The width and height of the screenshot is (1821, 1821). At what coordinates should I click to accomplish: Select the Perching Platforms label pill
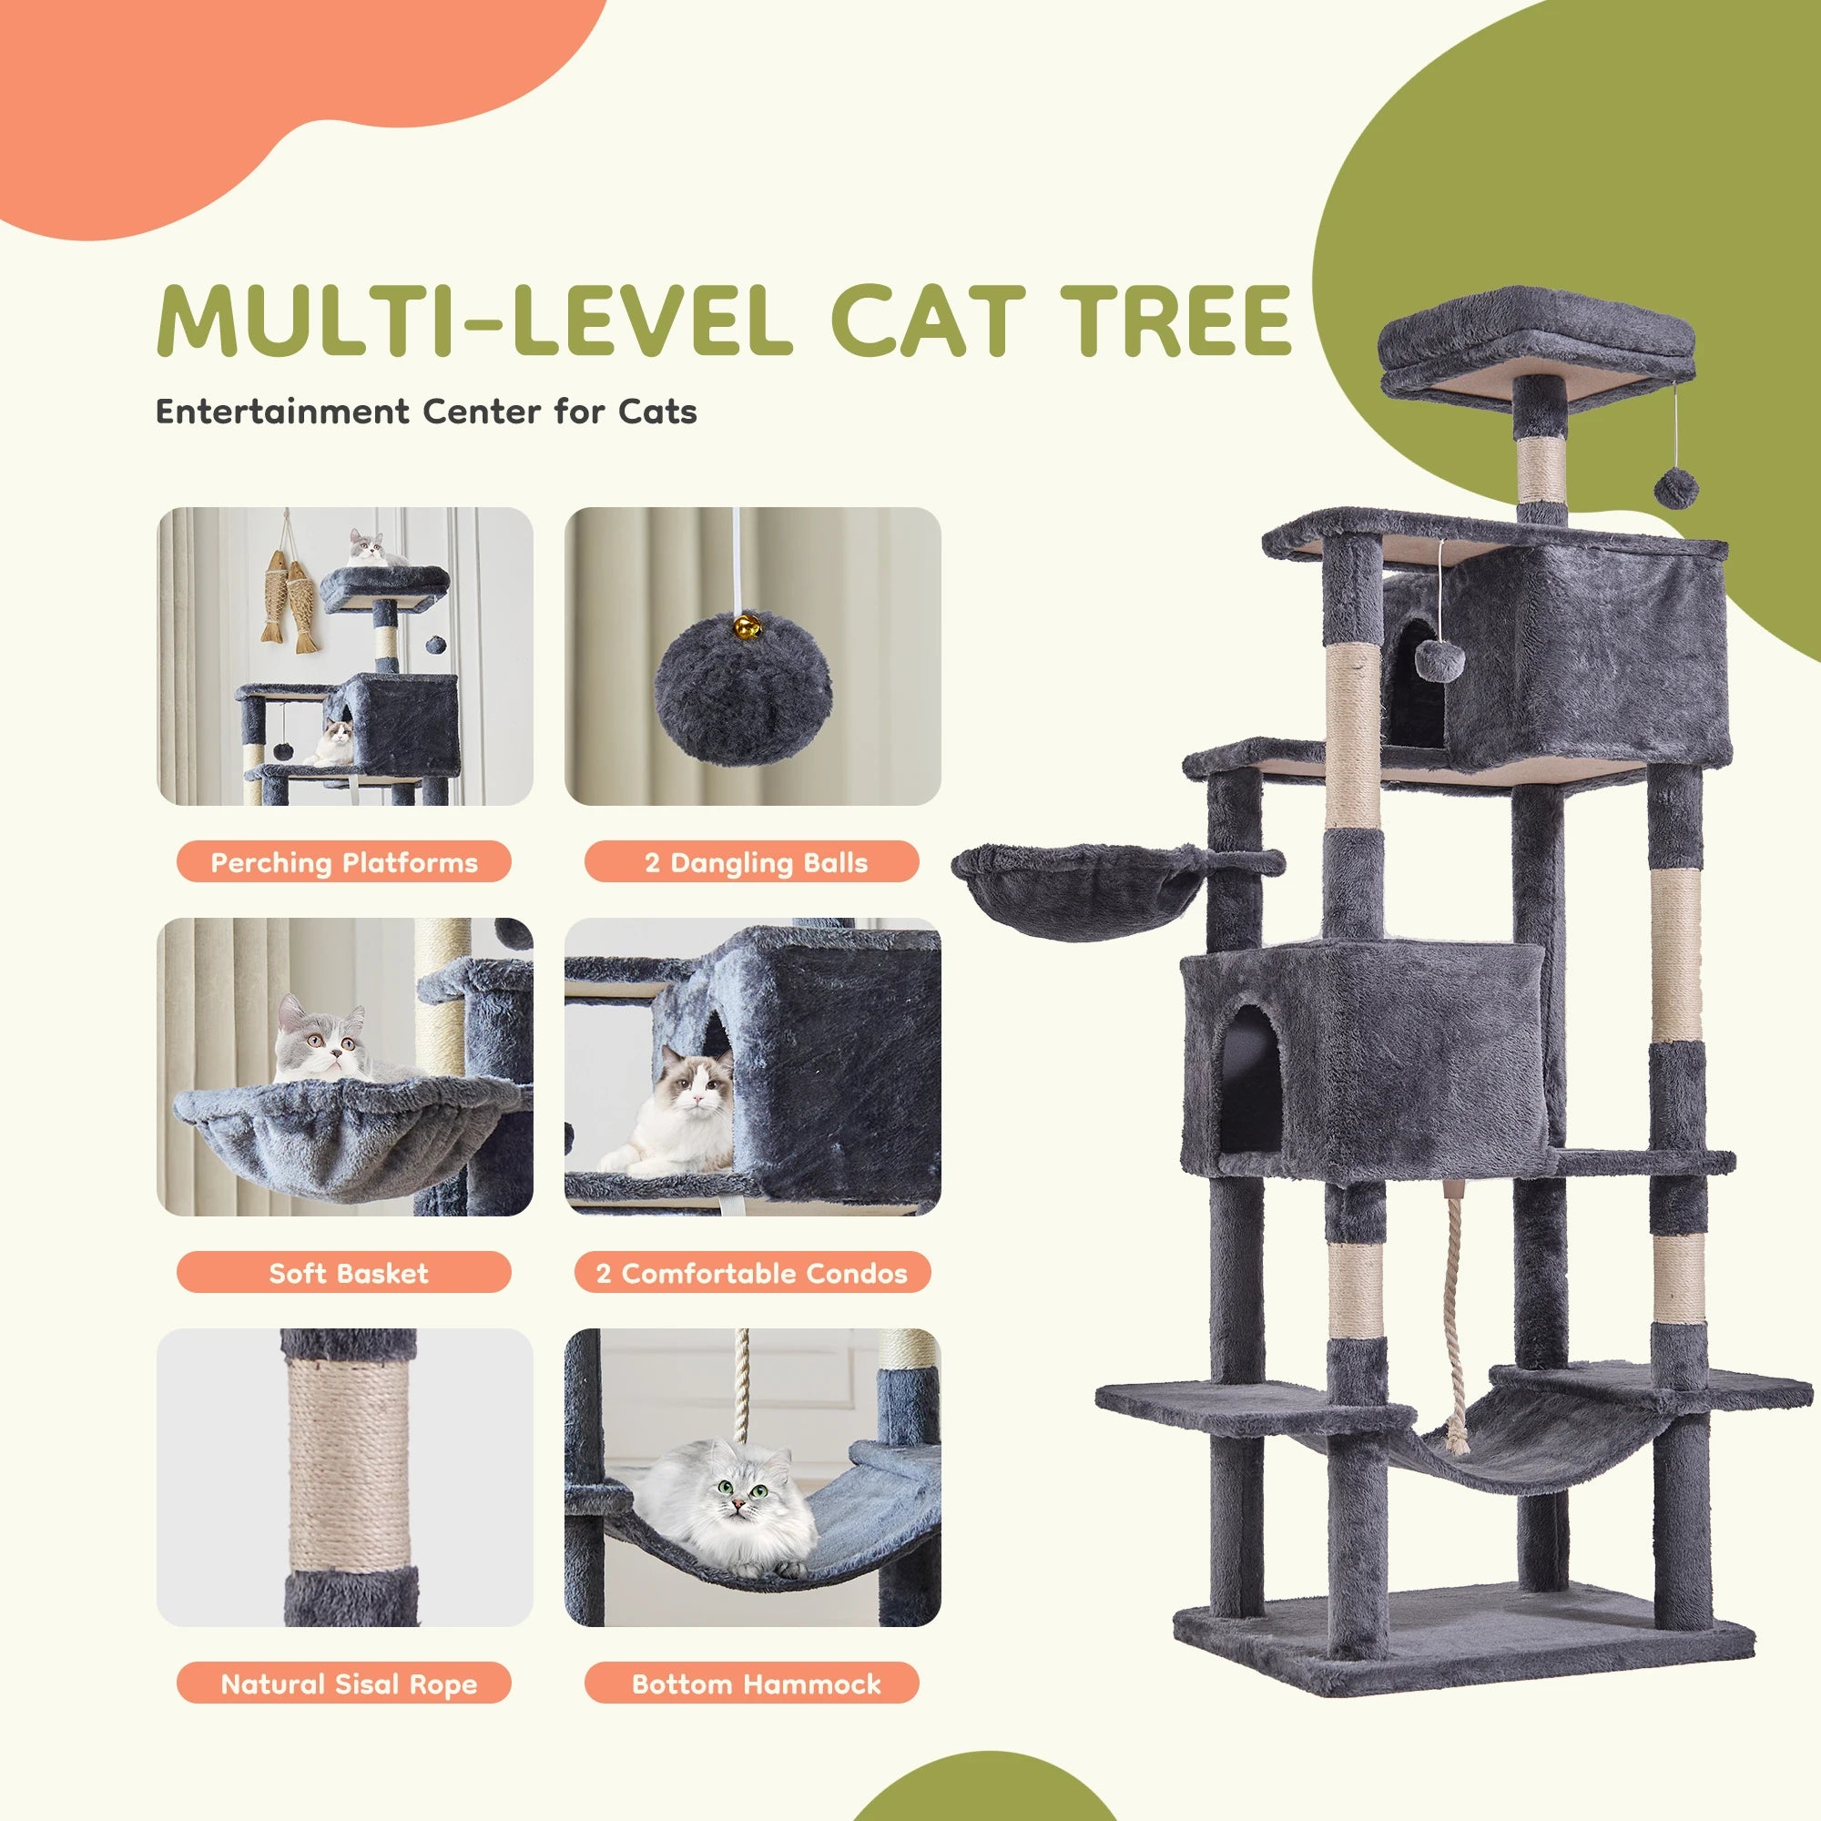(343, 861)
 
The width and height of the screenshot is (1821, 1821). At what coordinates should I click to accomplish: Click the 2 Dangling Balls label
(751, 861)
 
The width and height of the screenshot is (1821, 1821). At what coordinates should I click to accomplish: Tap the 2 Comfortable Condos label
(751, 1273)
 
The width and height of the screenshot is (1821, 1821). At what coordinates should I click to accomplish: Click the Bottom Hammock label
(751, 1684)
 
